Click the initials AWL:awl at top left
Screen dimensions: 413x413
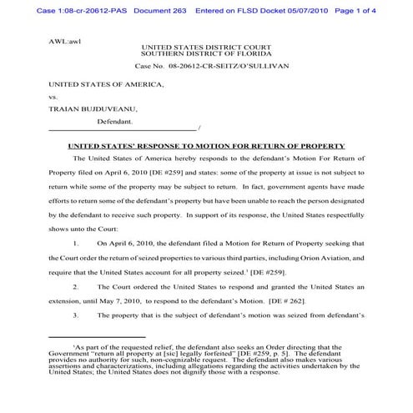coord(63,38)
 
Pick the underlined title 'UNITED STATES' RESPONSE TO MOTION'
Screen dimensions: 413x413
coord(205,146)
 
